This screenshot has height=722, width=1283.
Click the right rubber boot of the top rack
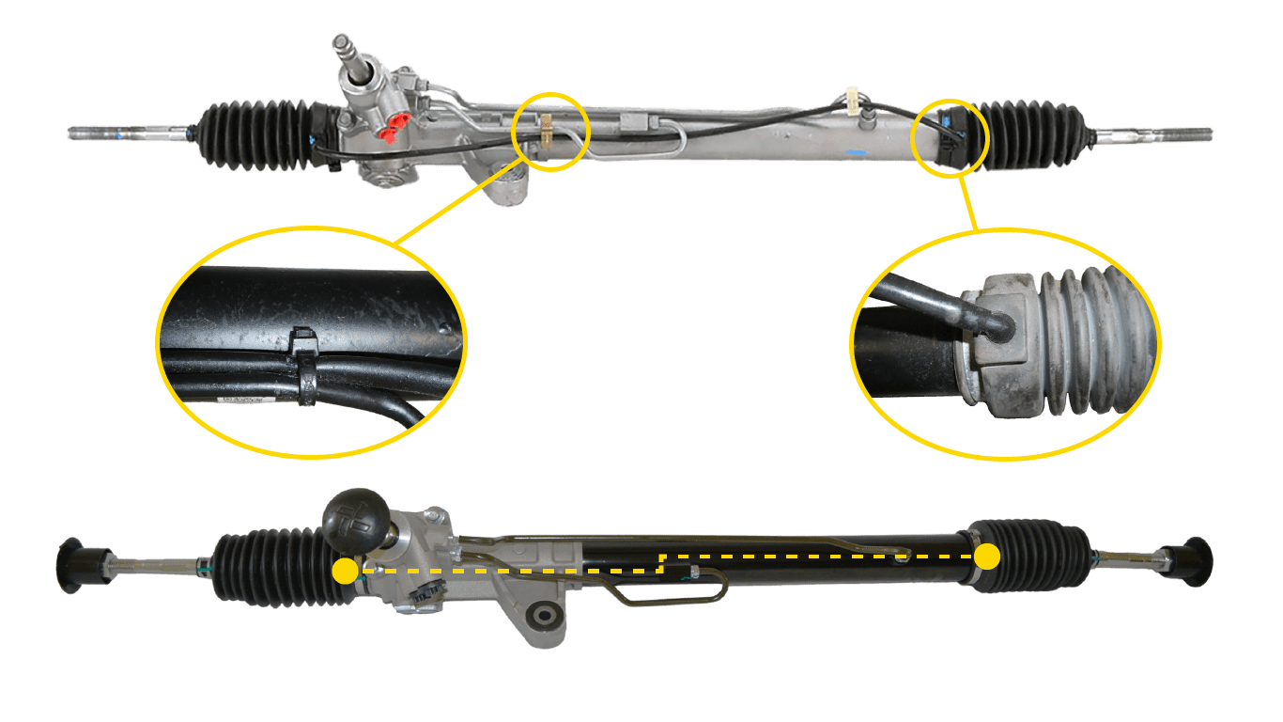click(x=1037, y=135)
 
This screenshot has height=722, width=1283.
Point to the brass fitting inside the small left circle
click(x=545, y=126)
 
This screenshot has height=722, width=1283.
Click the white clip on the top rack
click(x=853, y=96)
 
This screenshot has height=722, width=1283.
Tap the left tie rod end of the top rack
click(x=103, y=133)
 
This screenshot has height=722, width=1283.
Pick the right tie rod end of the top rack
click(x=1165, y=134)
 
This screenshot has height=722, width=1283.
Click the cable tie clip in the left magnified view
click(x=304, y=367)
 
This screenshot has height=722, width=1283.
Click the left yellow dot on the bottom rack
click(x=345, y=571)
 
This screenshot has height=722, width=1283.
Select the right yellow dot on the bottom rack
click(x=986, y=557)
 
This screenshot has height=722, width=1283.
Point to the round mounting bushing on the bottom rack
click(x=542, y=618)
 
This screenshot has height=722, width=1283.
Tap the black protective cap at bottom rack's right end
click(x=1195, y=561)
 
